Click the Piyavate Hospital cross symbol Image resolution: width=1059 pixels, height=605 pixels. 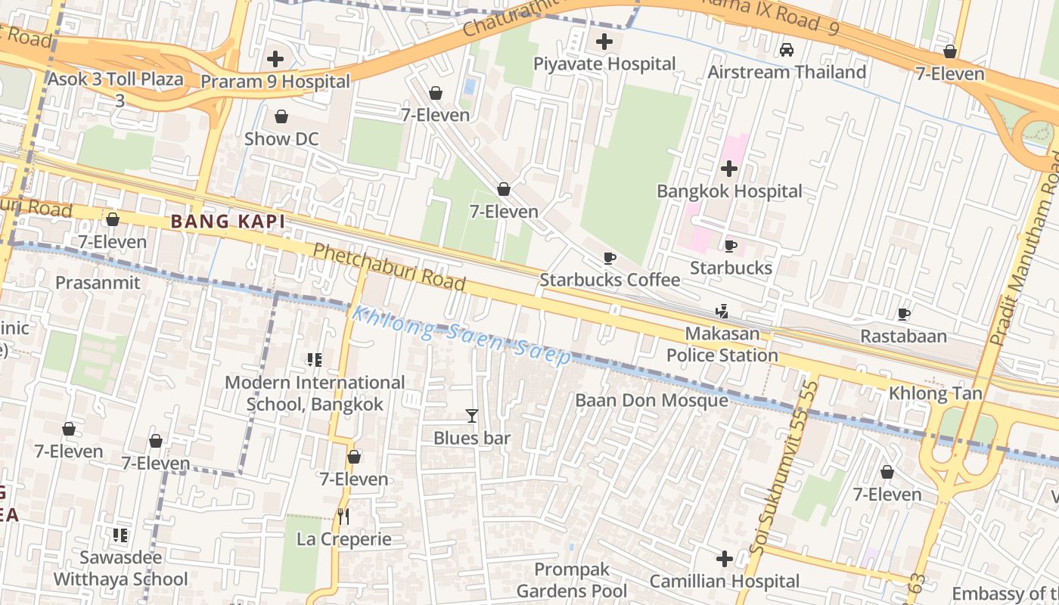tap(604, 42)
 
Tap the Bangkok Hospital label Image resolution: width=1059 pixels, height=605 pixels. tap(729, 191)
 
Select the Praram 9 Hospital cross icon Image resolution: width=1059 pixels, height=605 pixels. tap(275, 59)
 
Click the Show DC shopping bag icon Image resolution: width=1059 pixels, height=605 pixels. tap(281, 116)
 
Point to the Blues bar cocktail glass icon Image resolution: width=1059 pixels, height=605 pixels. tap(472, 415)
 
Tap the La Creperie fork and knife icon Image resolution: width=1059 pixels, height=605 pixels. tap(343, 517)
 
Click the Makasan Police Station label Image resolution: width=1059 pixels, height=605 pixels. tap(722, 345)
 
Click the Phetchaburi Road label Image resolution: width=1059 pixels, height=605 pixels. tap(389, 267)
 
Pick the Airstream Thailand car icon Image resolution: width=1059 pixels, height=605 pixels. tap(787, 50)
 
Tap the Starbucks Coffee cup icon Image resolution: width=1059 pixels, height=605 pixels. tap(610, 258)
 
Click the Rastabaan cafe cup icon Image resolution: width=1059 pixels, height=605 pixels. tap(903, 314)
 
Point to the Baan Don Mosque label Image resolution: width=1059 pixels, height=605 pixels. tap(651, 400)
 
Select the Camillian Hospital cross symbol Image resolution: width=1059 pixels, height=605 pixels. tap(724, 560)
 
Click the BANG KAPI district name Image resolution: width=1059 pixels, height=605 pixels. tap(228, 222)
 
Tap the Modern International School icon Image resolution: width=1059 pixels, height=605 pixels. tap(315, 360)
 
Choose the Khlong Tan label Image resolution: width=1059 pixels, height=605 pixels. tap(935, 393)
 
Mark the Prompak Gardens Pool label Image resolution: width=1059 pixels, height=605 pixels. tap(571, 580)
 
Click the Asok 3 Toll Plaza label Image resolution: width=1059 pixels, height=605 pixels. tap(116, 88)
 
